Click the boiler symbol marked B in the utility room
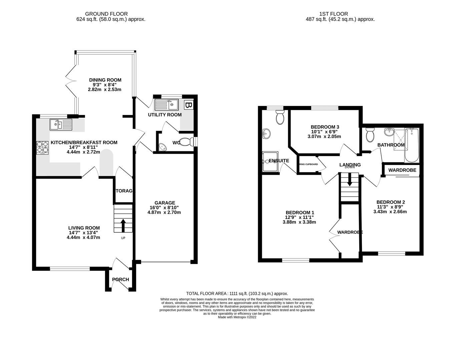click(x=188, y=105)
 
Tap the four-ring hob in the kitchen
click(x=43, y=148)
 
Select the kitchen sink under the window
click(x=61, y=124)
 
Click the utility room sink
click(x=166, y=105)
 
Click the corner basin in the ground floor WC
click(x=162, y=147)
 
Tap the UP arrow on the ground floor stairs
click(x=123, y=225)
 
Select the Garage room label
click(x=164, y=203)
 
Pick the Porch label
click(x=120, y=279)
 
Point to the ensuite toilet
click(x=280, y=118)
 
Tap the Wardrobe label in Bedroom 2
click(x=402, y=170)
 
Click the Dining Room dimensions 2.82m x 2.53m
click(x=104, y=89)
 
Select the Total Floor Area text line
click(x=237, y=294)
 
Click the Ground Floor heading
click(x=106, y=14)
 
